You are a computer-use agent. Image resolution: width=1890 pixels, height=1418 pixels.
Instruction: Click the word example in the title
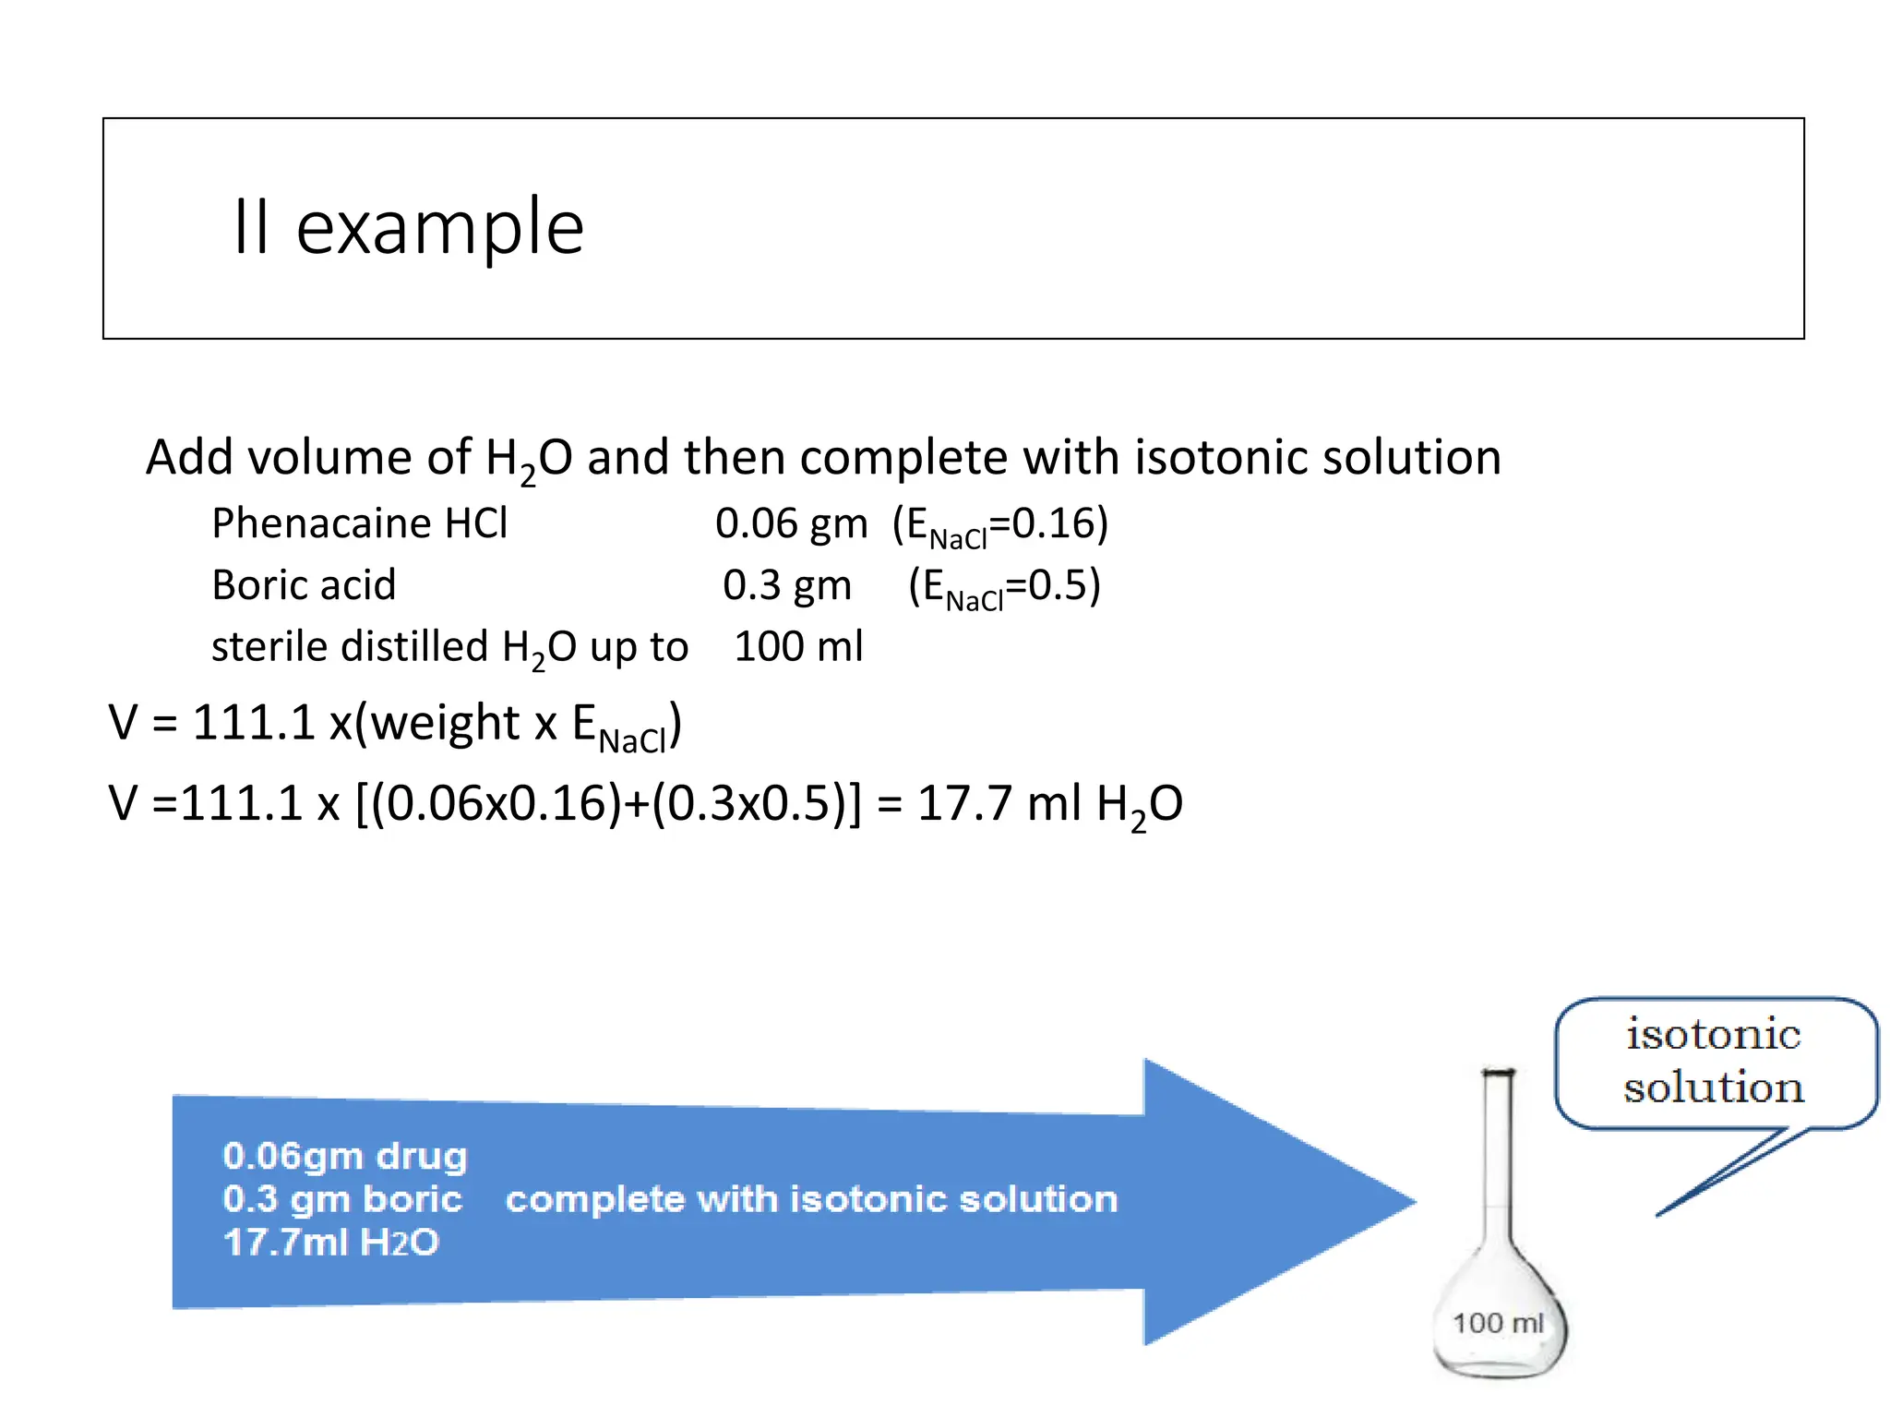point(439,228)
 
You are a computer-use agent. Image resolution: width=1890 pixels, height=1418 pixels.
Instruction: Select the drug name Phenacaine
point(321,523)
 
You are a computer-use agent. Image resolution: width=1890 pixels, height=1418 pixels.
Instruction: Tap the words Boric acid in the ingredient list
point(304,585)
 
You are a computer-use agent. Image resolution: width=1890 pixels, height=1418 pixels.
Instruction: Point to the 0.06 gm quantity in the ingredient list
point(791,523)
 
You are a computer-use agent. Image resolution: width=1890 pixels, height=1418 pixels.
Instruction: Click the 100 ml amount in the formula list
point(798,646)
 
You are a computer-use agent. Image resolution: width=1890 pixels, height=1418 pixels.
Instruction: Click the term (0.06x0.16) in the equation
point(503,803)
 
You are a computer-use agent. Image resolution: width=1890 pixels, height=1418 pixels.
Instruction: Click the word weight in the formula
point(446,722)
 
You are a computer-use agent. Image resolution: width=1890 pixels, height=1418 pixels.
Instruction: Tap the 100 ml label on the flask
point(1498,1323)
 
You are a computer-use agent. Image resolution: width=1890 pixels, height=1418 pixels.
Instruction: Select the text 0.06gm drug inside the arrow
point(345,1156)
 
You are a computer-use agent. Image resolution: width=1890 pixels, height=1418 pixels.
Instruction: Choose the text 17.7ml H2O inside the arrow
point(330,1243)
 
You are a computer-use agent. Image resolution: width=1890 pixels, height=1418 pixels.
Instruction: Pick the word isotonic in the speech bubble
point(1713,1034)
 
